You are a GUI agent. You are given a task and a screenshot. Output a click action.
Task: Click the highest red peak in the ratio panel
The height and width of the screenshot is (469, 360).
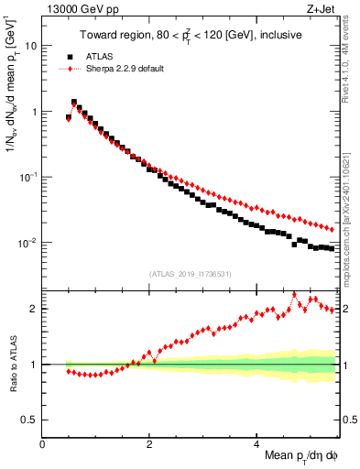pyautogui.click(x=294, y=294)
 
